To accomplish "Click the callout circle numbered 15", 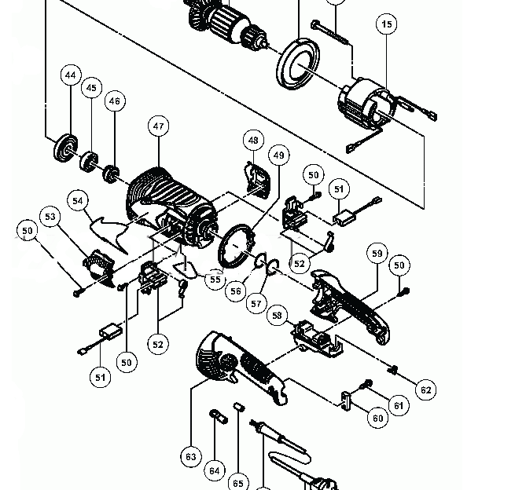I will tap(386, 25).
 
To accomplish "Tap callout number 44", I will tap(71, 75).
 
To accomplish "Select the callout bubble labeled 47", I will tap(159, 126).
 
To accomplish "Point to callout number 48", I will tap(253, 141).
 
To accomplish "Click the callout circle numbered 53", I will tap(51, 217).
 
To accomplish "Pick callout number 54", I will tap(77, 200).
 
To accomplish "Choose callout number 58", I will tap(277, 316).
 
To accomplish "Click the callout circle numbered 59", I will tap(377, 254).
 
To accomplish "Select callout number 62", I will tap(425, 389).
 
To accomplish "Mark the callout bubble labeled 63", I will tap(191, 455).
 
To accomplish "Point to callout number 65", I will tap(238, 481).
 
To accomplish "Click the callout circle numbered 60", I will tap(378, 418).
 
